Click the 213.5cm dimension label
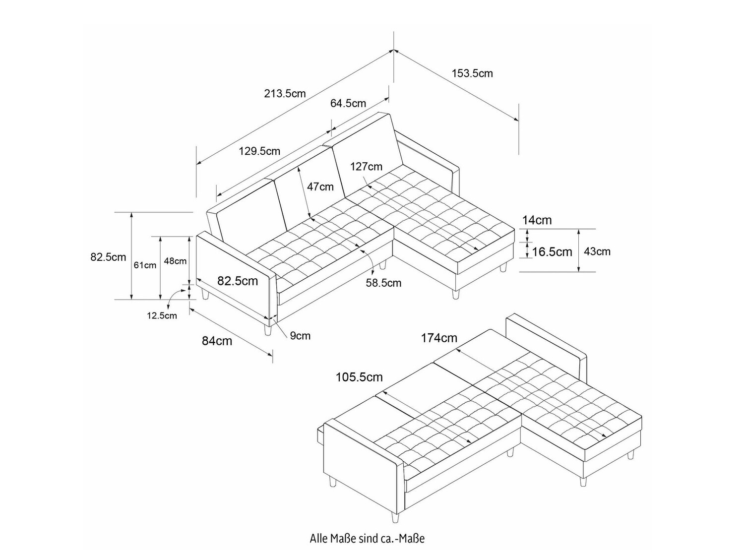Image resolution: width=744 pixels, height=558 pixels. pos(285,93)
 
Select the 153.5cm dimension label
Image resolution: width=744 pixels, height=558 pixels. pos(472,73)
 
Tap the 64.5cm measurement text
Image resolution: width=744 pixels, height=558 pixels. pos(348,103)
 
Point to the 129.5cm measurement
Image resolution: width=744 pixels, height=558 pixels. pos(259,151)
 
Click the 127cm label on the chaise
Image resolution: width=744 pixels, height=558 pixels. pos(366,167)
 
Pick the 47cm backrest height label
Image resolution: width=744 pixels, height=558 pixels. pos(320,187)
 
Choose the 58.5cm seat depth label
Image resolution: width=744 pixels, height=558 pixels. pos(383,283)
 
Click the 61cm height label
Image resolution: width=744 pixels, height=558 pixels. pos(145,265)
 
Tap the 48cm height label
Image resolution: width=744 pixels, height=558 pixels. pos(175,261)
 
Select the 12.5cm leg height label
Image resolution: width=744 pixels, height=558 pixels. pos(162,315)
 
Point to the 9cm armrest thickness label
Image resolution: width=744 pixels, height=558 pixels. pos(300,336)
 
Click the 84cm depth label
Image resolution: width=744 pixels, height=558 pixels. pos(217,341)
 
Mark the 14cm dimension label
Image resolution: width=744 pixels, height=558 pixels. pos(537,220)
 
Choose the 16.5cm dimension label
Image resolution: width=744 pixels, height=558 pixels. pos(552,252)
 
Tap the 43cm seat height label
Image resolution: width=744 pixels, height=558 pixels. pos(597,251)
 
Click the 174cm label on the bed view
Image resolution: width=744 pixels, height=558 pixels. pos(439,338)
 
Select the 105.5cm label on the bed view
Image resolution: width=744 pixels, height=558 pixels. pos(359,377)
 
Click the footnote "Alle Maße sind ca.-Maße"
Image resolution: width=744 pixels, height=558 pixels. pos(367,538)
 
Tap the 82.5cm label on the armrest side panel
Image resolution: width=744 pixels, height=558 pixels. pos(238,281)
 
